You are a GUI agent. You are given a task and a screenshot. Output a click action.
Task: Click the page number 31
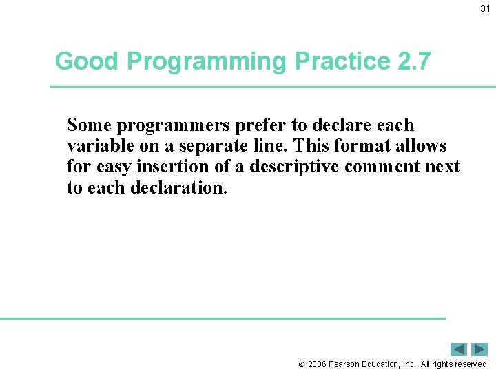click(x=485, y=8)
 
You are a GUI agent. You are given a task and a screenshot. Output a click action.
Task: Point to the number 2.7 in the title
click(x=414, y=61)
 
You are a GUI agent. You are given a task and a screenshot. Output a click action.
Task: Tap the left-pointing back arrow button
click(x=459, y=349)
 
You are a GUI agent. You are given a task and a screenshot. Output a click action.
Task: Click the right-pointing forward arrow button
click(x=479, y=349)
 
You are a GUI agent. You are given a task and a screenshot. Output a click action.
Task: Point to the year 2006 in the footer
click(x=317, y=364)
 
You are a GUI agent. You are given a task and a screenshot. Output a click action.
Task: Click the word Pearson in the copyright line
click(x=344, y=364)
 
